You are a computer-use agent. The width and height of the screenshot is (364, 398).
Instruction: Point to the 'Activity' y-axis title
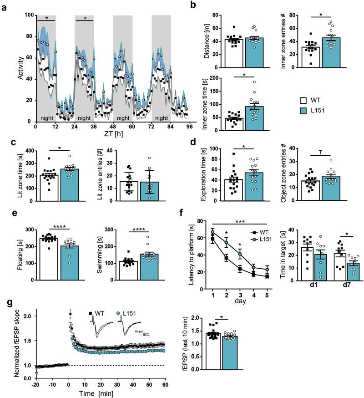(8, 69)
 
